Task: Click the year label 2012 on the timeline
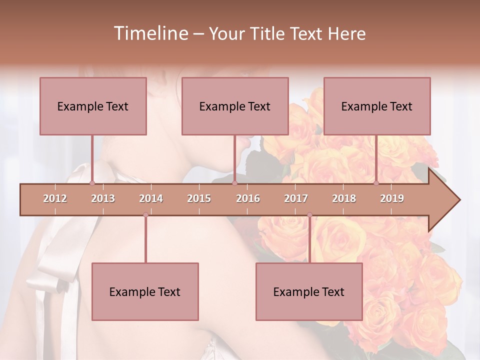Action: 55,198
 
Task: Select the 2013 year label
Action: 103,198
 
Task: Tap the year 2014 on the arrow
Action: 151,198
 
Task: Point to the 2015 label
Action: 199,198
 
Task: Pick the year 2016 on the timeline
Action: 248,198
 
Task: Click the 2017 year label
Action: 296,198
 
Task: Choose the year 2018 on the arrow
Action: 344,198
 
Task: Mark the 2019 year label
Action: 392,198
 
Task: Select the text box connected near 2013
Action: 93,106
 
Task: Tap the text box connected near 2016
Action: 235,106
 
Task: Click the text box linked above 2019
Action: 377,106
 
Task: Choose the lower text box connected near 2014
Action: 145,291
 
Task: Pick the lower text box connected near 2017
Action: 309,291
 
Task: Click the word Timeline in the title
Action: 149,33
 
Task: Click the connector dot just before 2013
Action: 92,183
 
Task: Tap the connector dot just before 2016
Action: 234,183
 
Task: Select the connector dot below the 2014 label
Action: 145,215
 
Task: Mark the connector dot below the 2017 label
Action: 309,215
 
